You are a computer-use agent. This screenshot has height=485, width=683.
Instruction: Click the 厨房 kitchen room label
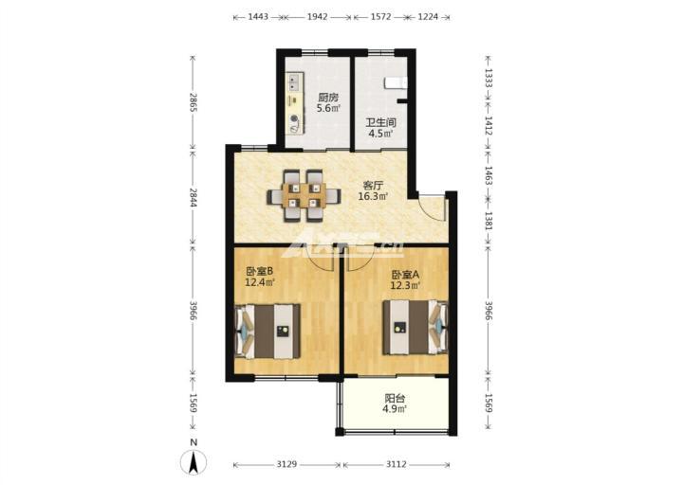click(328, 98)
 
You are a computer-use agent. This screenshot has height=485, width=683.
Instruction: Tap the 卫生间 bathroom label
click(380, 123)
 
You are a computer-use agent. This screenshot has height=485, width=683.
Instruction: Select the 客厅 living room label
click(374, 186)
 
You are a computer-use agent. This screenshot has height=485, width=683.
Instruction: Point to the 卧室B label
click(260, 272)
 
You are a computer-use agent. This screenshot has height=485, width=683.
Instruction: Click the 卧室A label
click(405, 275)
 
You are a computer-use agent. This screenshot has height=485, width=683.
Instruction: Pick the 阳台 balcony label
click(395, 398)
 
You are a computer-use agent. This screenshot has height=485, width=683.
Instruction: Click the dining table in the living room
click(304, 195)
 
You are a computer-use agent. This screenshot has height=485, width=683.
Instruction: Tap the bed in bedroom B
click(268, 332)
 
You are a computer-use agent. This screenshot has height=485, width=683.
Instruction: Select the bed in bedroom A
click(415, 327)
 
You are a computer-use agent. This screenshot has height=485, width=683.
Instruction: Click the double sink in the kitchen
click(295, 82)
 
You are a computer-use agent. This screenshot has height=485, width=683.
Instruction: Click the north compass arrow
click(194, 462)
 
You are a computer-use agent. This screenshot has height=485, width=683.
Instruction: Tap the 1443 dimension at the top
click(258, 17)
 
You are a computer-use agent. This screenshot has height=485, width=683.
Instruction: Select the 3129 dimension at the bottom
click(286, 464)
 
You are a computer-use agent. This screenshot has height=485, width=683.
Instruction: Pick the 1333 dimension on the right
click(489, 79)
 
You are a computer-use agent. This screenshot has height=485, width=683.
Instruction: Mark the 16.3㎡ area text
click(374, 197)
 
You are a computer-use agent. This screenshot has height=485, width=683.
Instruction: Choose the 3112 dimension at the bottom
click(396, 464)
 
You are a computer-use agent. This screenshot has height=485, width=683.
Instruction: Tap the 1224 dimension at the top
click(428, 17)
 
